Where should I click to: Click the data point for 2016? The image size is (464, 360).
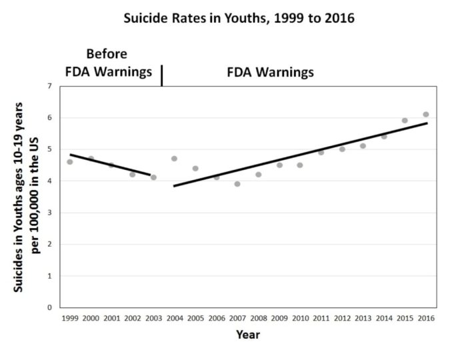426,115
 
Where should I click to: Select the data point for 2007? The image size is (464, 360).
237,184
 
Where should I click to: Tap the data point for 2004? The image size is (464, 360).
174,159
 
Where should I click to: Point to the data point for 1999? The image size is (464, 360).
70,162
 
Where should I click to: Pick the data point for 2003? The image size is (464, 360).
153,177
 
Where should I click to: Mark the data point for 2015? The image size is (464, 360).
405,121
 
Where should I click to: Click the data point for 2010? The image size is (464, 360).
300,165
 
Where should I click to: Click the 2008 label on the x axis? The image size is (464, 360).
259,318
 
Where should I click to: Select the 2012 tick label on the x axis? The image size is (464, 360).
343,318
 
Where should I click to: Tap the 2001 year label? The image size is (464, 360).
112,318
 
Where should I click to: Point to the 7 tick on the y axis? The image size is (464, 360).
49,86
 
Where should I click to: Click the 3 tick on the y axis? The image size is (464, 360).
49,213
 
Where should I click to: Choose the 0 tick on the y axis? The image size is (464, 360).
49,307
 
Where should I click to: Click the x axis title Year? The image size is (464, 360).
248,335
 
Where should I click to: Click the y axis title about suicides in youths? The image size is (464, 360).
26,197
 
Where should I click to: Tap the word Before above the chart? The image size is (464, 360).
107,54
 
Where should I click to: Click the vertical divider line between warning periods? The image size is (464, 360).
162,76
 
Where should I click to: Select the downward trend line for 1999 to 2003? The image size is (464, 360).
110,165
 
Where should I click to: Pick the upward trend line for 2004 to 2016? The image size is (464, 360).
301,155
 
